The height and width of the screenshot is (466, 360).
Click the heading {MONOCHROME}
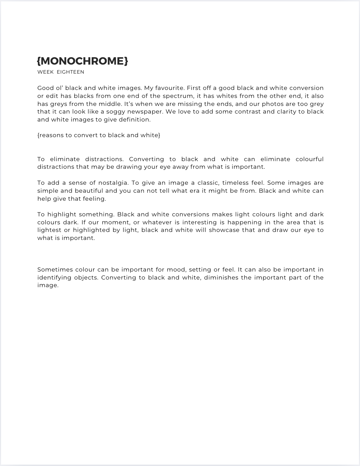(x=82, y=61)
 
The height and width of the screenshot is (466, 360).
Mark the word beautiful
(x=89, y=191)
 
